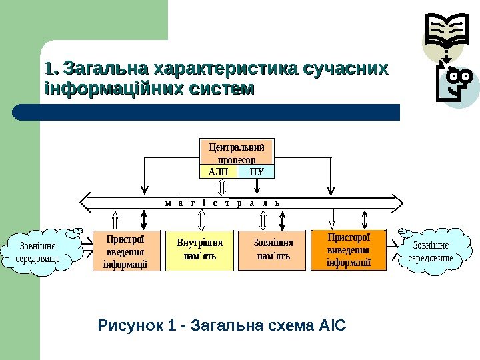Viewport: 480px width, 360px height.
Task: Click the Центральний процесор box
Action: pyautogui.click(x=237, y=151)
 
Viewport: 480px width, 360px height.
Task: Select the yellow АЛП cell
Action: pyautogui.click(x=218, y=172)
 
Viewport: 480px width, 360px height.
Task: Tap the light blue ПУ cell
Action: pyautogui.click(x=257, y=172)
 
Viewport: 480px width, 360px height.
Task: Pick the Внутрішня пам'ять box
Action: pyautogui.click(x=200, y=251)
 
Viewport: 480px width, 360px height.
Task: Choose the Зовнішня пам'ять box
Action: pyautogui.click(x=273, y=251)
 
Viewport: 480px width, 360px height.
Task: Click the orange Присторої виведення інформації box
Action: pyautogui.click(x=349, y=249)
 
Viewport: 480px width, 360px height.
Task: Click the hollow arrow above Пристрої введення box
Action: pyautogui.click(x=115, y=219)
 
